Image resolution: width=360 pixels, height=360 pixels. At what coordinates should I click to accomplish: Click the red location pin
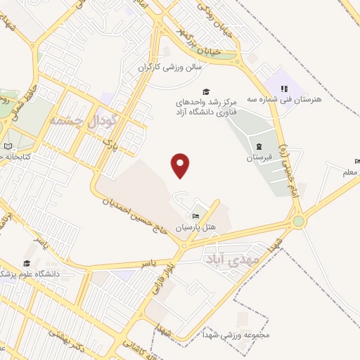point(181,165)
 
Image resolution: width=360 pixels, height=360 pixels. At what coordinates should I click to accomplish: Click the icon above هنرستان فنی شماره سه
point(284,89)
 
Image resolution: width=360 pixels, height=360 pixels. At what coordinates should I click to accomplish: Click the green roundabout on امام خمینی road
point(300,221)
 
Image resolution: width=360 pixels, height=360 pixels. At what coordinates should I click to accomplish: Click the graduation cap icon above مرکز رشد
point(206,91)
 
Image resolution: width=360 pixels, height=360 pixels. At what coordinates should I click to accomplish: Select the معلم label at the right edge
point(350,172)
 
